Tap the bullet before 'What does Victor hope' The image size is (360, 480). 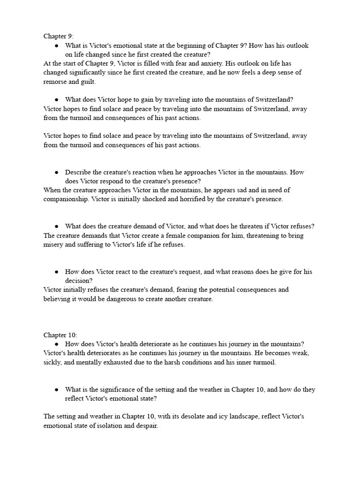coord(56,99)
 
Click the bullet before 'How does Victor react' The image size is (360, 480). coord(56,272)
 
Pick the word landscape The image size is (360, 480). coord(240,416)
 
